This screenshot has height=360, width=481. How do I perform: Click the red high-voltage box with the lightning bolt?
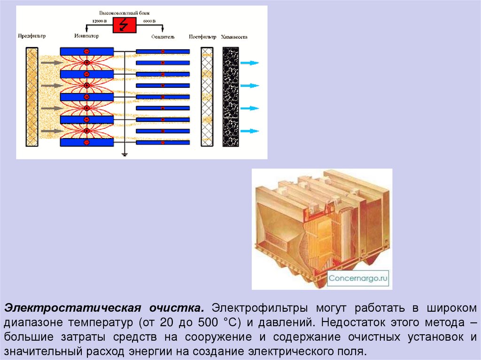point(124,25)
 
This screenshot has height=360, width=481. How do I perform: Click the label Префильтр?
point(29,36)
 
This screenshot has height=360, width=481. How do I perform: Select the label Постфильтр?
point(202,36)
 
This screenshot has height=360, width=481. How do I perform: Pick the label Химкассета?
point(234,36)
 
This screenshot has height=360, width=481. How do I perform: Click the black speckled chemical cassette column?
point(230,97)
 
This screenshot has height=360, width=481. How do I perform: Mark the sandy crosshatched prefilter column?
point(32,97)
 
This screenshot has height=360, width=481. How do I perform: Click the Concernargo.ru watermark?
point(359,278)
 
